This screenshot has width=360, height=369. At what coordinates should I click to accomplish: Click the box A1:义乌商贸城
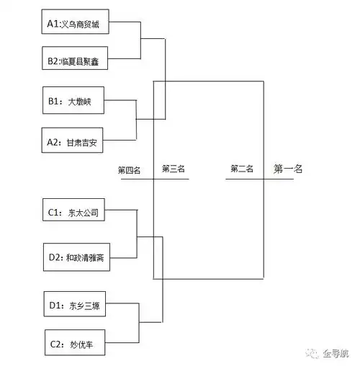pos(78,24)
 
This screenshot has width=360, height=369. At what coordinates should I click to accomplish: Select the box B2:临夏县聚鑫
pos(78,62)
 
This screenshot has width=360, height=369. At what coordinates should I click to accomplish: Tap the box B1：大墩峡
pos(78,102)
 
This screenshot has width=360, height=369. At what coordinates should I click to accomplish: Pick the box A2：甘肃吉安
pos(78,142)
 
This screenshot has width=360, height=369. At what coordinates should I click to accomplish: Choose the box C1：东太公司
pos(78,213)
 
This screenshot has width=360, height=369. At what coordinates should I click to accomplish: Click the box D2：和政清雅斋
pos(78,256)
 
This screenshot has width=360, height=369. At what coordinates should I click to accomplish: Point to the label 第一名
pos(288,169)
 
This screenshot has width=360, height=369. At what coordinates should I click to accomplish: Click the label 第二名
pos(242,169)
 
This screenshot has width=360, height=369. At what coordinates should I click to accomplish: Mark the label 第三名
pos(174,169)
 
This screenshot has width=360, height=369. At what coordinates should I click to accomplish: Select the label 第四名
pos(130,171)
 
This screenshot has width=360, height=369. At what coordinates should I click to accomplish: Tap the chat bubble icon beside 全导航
pos(312,353)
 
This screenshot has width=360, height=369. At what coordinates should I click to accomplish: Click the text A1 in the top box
pos(53,24)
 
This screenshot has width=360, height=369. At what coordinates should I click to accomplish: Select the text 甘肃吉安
pos(86,142)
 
